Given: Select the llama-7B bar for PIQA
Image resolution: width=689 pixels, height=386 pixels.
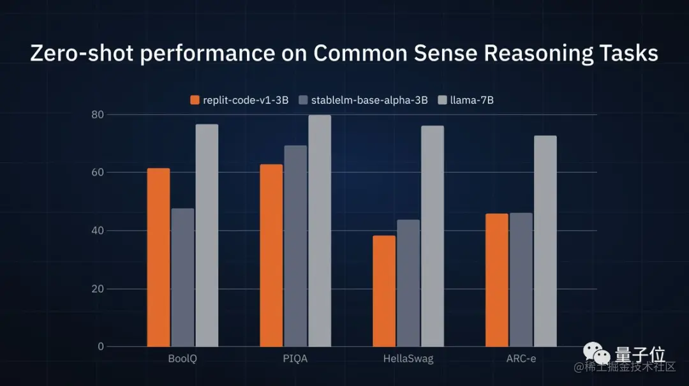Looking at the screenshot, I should (x=320, y=231).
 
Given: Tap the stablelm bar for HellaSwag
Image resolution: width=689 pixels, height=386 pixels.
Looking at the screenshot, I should (x=408, y=283).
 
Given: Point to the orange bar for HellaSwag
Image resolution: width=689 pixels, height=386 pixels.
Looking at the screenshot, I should (x=384, y=291).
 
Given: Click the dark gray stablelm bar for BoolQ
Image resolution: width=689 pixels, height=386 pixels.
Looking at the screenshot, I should (x=182, y=278).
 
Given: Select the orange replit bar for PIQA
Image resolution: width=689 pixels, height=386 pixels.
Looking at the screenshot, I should (x=271, y=255).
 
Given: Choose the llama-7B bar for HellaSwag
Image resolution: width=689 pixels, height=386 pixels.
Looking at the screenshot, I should (x=433, y=236).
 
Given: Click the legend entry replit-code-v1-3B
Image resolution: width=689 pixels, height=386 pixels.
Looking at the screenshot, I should (x=240, y=100).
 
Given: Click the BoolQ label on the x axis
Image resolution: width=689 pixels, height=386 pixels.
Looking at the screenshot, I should (x=182, y=359).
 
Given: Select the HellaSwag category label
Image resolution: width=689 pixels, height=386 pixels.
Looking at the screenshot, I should (x=408, y=359).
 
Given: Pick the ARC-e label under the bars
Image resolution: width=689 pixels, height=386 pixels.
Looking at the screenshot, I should (x=521, y=359).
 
